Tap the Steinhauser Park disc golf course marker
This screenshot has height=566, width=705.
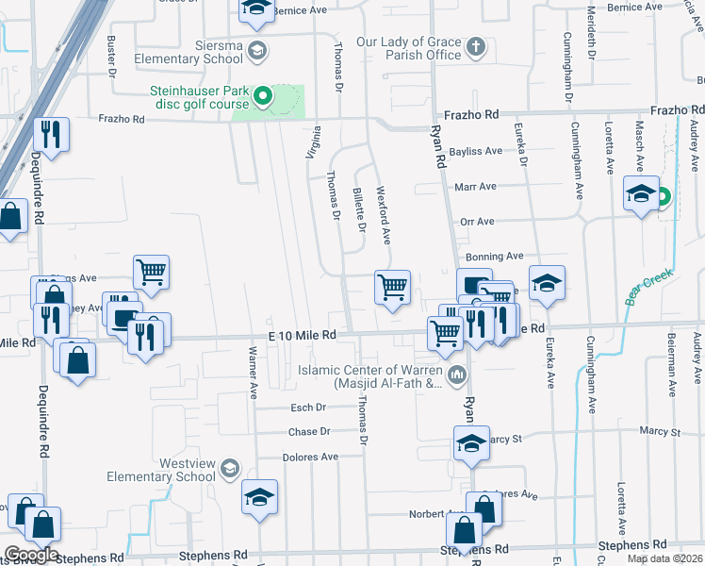pyautogui.click(x=265, y=95)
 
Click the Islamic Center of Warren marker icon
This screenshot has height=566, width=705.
pyautogui.click(x=457, y=376)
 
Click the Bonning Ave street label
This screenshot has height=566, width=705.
pyautogui.click(x=494, y=256)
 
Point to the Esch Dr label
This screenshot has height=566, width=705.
pyautogui.click(x=307, y=408)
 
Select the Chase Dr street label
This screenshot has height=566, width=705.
pyautogui.click(x=309, y=432)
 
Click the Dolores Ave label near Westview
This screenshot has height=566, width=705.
pyautogui.click(x=310, y=457)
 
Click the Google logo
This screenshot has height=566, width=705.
pyautogui.click(x=30, y=555)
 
